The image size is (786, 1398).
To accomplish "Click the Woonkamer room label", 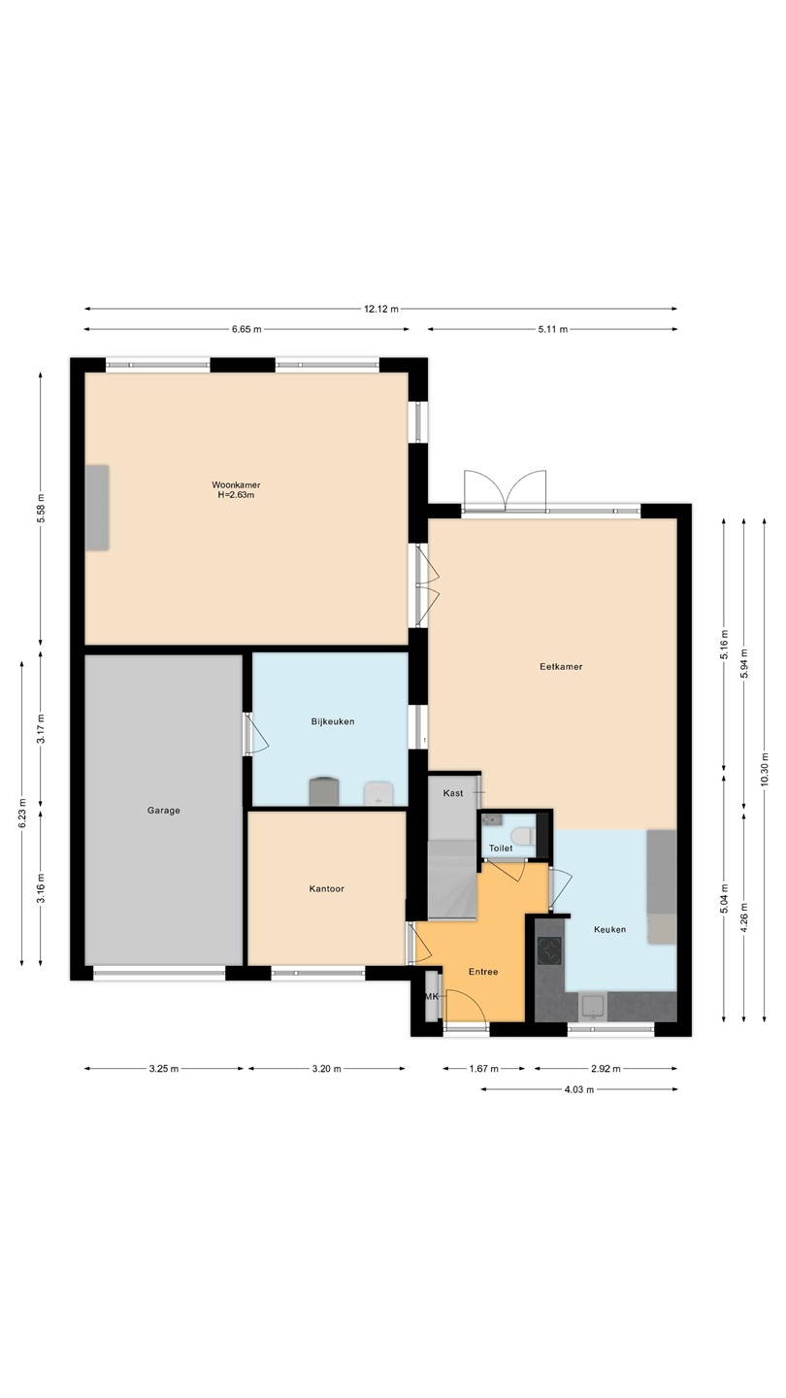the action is tap(236, 485).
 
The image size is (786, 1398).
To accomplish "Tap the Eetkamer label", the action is tap(561, 667).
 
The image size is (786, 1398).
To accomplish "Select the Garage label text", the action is tap(163, 810).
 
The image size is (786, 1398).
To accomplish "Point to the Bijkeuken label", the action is tap(333, 721).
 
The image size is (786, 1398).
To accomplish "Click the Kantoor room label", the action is tap(326, 888).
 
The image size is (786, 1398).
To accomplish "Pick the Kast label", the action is tap(453, 792).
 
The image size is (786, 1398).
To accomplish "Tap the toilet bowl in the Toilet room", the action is tap(521, 835).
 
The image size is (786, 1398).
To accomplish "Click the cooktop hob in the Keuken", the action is tap(549, 951).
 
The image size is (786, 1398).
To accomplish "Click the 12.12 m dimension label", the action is tap(381, 309).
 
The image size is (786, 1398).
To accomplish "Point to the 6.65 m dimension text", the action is tap(246, 329).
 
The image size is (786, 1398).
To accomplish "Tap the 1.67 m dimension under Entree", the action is tap(483, 1069).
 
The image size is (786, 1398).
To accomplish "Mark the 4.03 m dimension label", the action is tap(579, 1089).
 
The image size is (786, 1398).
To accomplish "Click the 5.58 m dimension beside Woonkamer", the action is tap(41, 510).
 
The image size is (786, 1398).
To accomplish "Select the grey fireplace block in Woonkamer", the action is tap(97, 508).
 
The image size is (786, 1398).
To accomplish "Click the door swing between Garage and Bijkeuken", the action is tap(257, 735).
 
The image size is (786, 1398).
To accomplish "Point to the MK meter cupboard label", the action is tap(432, 997).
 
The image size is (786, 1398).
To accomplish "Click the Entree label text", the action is tap(483, 972).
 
